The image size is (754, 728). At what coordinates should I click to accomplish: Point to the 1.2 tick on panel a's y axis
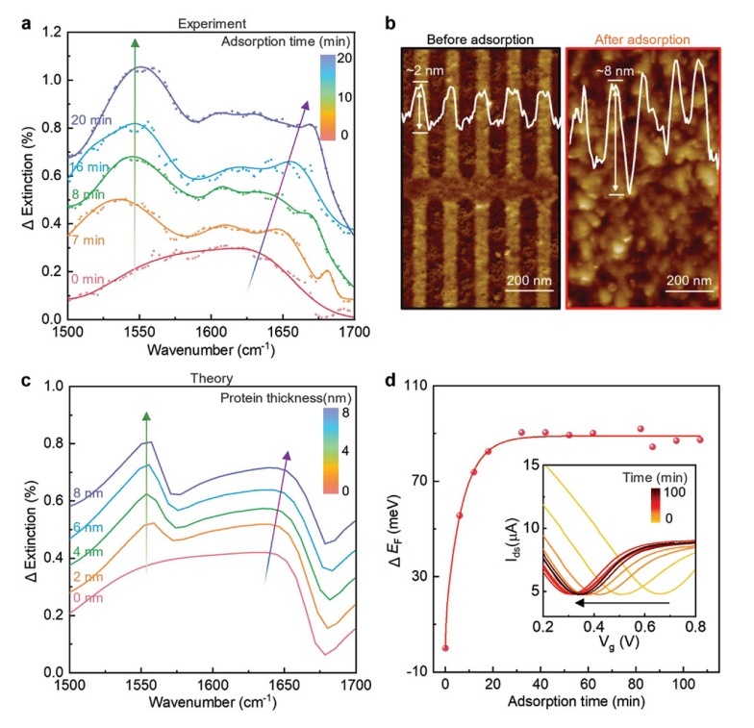[x=50, y=33]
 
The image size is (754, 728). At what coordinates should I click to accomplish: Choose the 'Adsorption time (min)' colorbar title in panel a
[x=284, y=43]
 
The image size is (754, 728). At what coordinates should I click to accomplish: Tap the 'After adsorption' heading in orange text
[x=641, y=39]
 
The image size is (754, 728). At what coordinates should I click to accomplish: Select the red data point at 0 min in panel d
[x=445, y=648]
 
